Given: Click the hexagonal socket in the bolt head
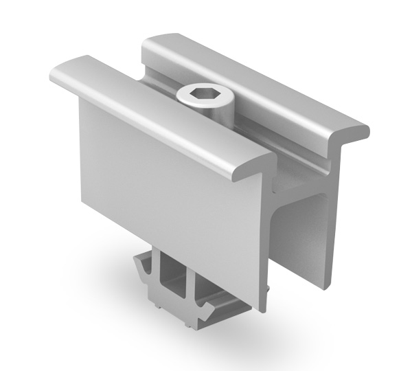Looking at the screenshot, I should (204, 93).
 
